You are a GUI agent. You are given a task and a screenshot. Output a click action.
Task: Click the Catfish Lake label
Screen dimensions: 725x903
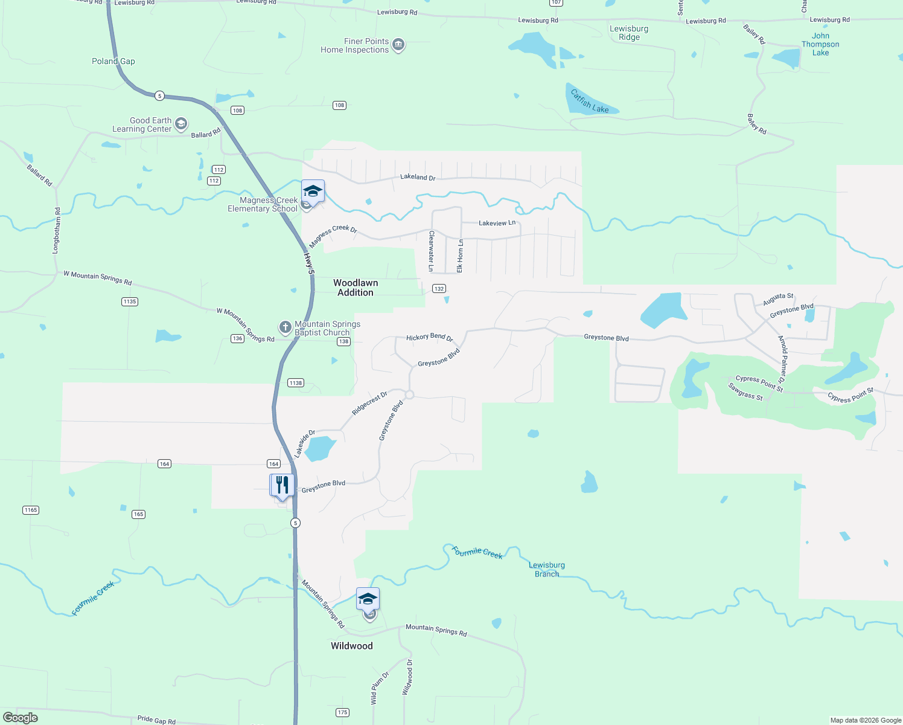[589, 101]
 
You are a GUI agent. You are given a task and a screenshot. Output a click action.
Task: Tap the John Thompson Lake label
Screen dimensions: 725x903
[820, 44]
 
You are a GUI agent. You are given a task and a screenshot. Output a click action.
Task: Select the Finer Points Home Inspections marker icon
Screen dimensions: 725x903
[398, 45]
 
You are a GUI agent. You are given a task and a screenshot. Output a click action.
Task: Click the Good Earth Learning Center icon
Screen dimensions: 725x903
[181, 124]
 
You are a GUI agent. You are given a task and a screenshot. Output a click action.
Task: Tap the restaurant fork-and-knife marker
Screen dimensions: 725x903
[282, 485]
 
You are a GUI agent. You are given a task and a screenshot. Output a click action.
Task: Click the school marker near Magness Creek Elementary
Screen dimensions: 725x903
[313, 192]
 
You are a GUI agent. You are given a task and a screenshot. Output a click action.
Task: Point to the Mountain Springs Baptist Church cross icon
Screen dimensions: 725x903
[285, 327]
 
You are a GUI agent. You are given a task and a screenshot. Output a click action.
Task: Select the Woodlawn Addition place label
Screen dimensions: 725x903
[356, 288]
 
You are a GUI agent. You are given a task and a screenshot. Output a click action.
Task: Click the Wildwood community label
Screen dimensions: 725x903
[352, 646]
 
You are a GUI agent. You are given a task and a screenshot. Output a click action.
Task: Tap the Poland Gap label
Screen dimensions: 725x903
[113, 61]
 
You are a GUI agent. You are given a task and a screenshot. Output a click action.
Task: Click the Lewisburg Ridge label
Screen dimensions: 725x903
[629, 33]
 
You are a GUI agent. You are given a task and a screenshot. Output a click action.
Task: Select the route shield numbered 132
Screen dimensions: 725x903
[439, 289]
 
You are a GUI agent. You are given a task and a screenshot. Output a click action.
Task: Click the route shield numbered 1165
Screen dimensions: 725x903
[31, 510]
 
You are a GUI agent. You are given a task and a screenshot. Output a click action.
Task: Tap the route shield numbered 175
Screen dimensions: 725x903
[343, 712]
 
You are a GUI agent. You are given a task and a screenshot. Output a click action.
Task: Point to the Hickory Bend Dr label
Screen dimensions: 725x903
[429, 337]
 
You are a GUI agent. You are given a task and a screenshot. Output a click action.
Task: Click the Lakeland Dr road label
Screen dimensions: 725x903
[418, 177]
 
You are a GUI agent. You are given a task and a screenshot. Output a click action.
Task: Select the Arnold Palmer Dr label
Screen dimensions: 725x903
[783, 359]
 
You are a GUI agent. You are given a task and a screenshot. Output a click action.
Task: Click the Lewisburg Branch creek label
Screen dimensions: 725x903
[547, 570]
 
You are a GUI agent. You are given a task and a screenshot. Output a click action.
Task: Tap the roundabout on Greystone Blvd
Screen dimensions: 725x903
[409, 395]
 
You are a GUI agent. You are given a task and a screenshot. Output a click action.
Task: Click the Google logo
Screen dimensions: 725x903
[21, 718]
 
